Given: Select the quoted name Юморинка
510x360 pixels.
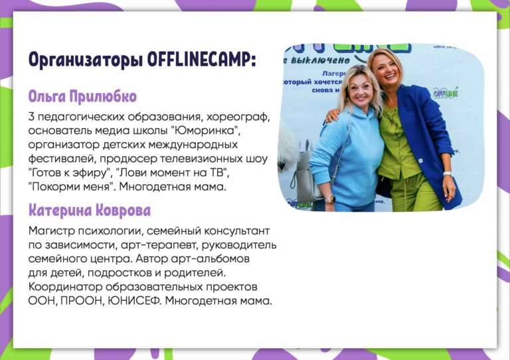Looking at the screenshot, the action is (206, 131).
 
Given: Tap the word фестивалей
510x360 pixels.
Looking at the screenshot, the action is (62, 159).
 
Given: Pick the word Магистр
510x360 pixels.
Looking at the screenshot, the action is (51, 231).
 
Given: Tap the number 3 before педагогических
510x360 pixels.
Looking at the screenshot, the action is (31, 117).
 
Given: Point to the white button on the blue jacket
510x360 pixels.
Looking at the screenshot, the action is (420, 161).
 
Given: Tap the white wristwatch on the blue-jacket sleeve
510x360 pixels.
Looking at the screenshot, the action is (448, 173).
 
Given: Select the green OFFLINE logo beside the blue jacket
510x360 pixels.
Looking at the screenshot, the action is (446, 93).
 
